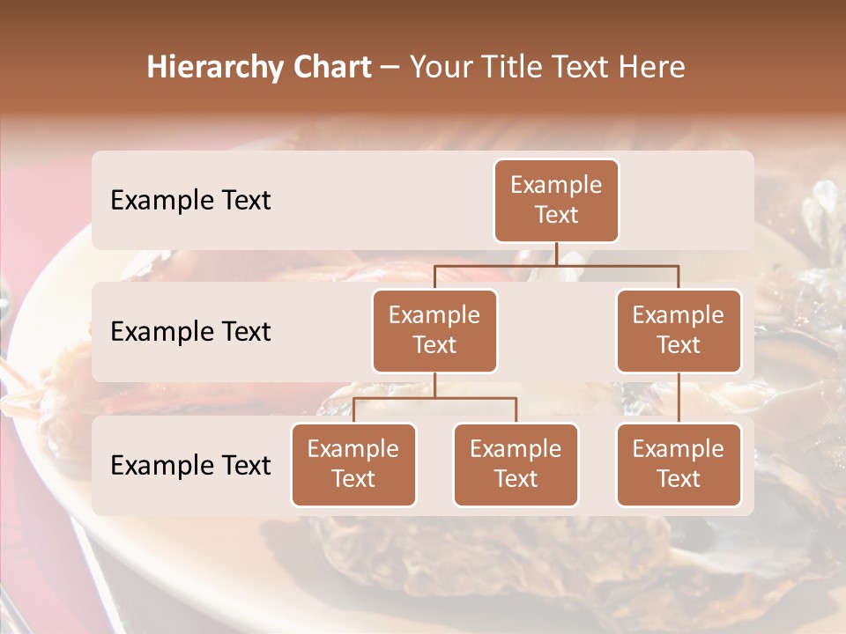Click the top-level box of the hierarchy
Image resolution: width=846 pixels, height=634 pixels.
point(556,200)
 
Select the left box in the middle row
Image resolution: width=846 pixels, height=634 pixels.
point(434,330)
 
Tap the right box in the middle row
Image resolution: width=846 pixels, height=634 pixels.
point(679,330)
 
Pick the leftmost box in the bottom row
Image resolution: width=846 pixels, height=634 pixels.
point(353,464)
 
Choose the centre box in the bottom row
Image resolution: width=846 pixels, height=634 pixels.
point(516,464)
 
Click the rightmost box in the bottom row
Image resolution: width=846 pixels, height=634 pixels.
point(679,464)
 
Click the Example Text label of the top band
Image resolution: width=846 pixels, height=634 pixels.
point(190,200)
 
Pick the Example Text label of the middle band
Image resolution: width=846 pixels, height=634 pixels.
point(190,331)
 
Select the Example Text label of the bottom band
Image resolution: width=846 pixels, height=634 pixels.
point(190,465)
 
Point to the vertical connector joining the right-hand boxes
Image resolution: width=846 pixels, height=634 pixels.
point(679,397)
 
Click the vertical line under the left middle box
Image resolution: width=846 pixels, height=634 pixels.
point(434,385)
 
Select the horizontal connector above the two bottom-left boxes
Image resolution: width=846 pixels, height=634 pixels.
point(434,398)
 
